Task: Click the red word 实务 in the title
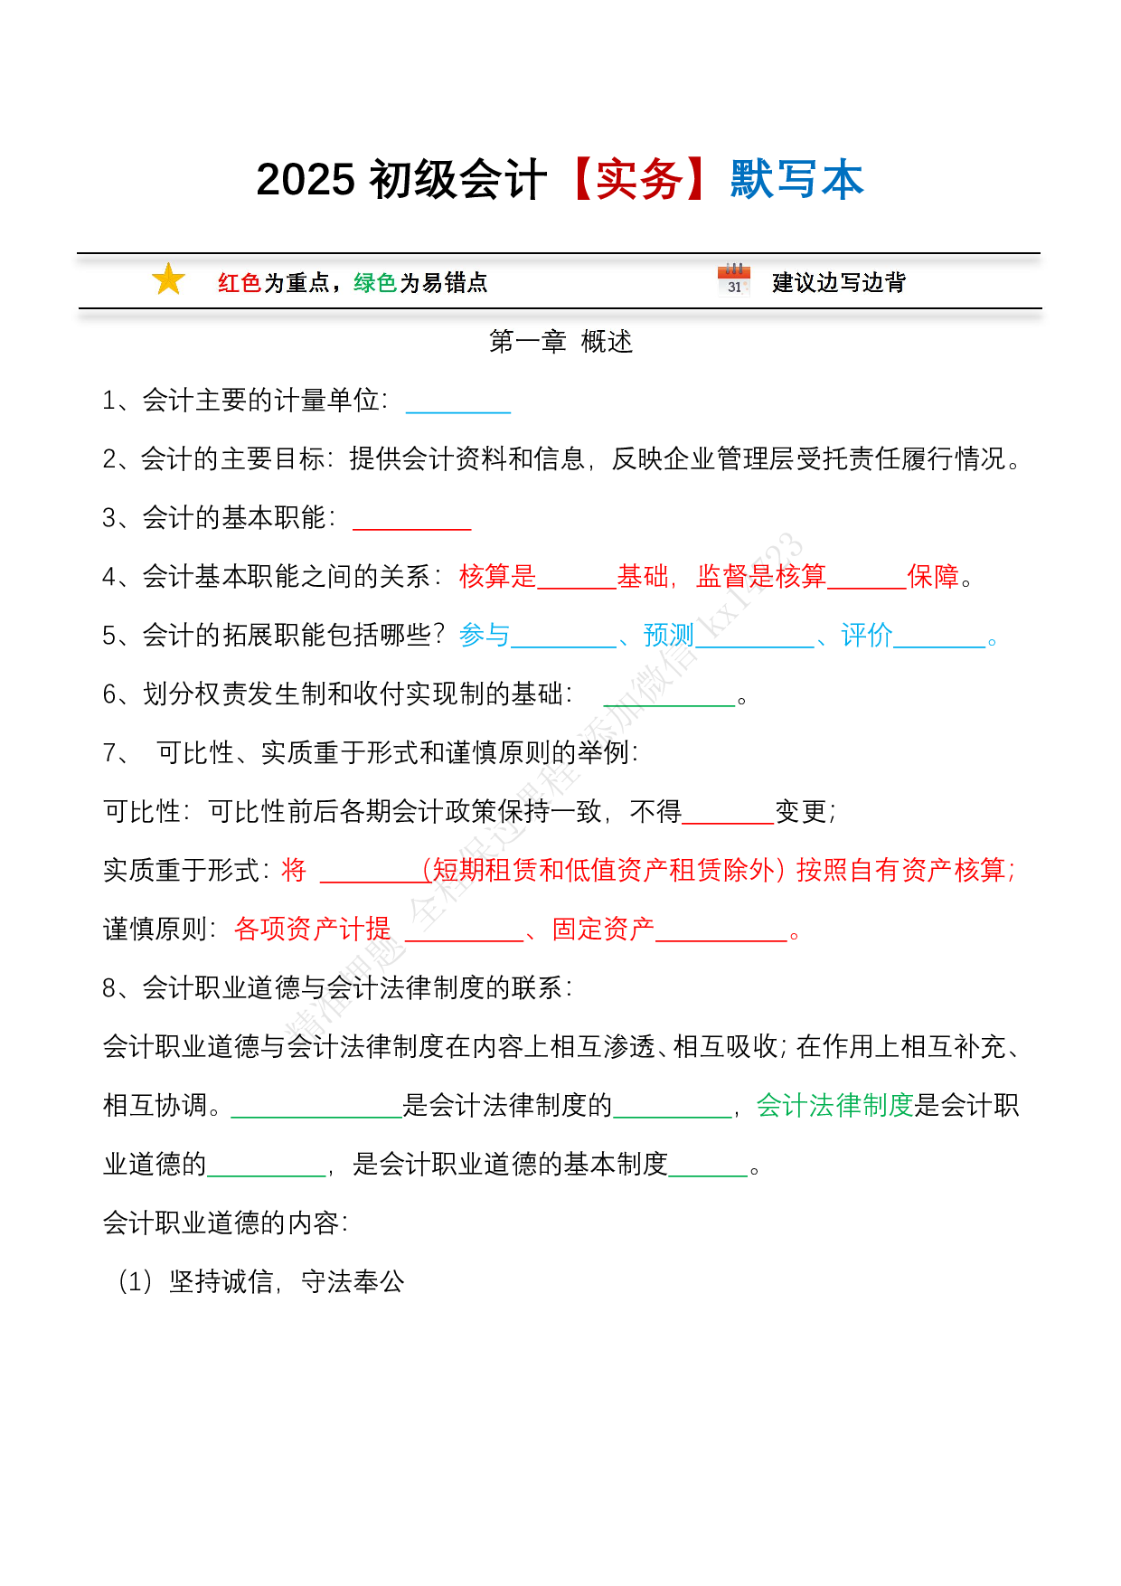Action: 640,180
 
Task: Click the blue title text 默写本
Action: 797,180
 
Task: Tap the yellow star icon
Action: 168,279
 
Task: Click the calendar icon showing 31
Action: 734,280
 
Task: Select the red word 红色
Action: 239,283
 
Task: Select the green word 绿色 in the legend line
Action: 375,283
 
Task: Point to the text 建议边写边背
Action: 838,283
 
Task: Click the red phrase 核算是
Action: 497,576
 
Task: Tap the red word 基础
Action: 643,576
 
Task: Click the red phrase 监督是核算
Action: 761,576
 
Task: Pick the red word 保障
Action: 932,576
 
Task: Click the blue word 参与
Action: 485,635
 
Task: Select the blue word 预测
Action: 668,635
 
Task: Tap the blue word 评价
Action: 866,635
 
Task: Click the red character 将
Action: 294,870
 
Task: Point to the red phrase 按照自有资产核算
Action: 903,870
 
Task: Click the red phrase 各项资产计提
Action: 312,929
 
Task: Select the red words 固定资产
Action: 603,929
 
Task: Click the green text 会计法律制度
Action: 834,1105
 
